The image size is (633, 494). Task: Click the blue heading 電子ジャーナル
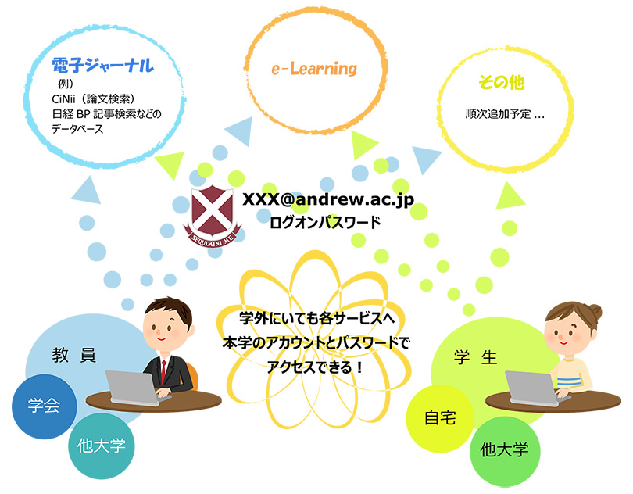(x=102, y=66)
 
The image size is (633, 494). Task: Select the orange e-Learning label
(x=314, y=69)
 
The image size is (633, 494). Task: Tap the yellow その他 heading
(x=501, y=83)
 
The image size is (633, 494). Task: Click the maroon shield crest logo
(x=213, y=216)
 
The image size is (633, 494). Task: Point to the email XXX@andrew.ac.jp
(x=328, y=199)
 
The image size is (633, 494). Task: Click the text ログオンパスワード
(x=325, y=223)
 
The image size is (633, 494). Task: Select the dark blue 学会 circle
(x=44, y=406)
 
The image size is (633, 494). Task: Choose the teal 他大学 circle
(x=102, y=446)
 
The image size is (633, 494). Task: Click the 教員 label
(x=74, y=355)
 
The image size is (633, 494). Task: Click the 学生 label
(x=476, y=357)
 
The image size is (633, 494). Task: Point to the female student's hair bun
(x=595, y=312)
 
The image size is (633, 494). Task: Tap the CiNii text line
(x=93, y=99)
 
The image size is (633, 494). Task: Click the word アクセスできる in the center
(x=309, y=367)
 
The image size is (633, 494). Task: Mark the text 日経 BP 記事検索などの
(x=106, y=114)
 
